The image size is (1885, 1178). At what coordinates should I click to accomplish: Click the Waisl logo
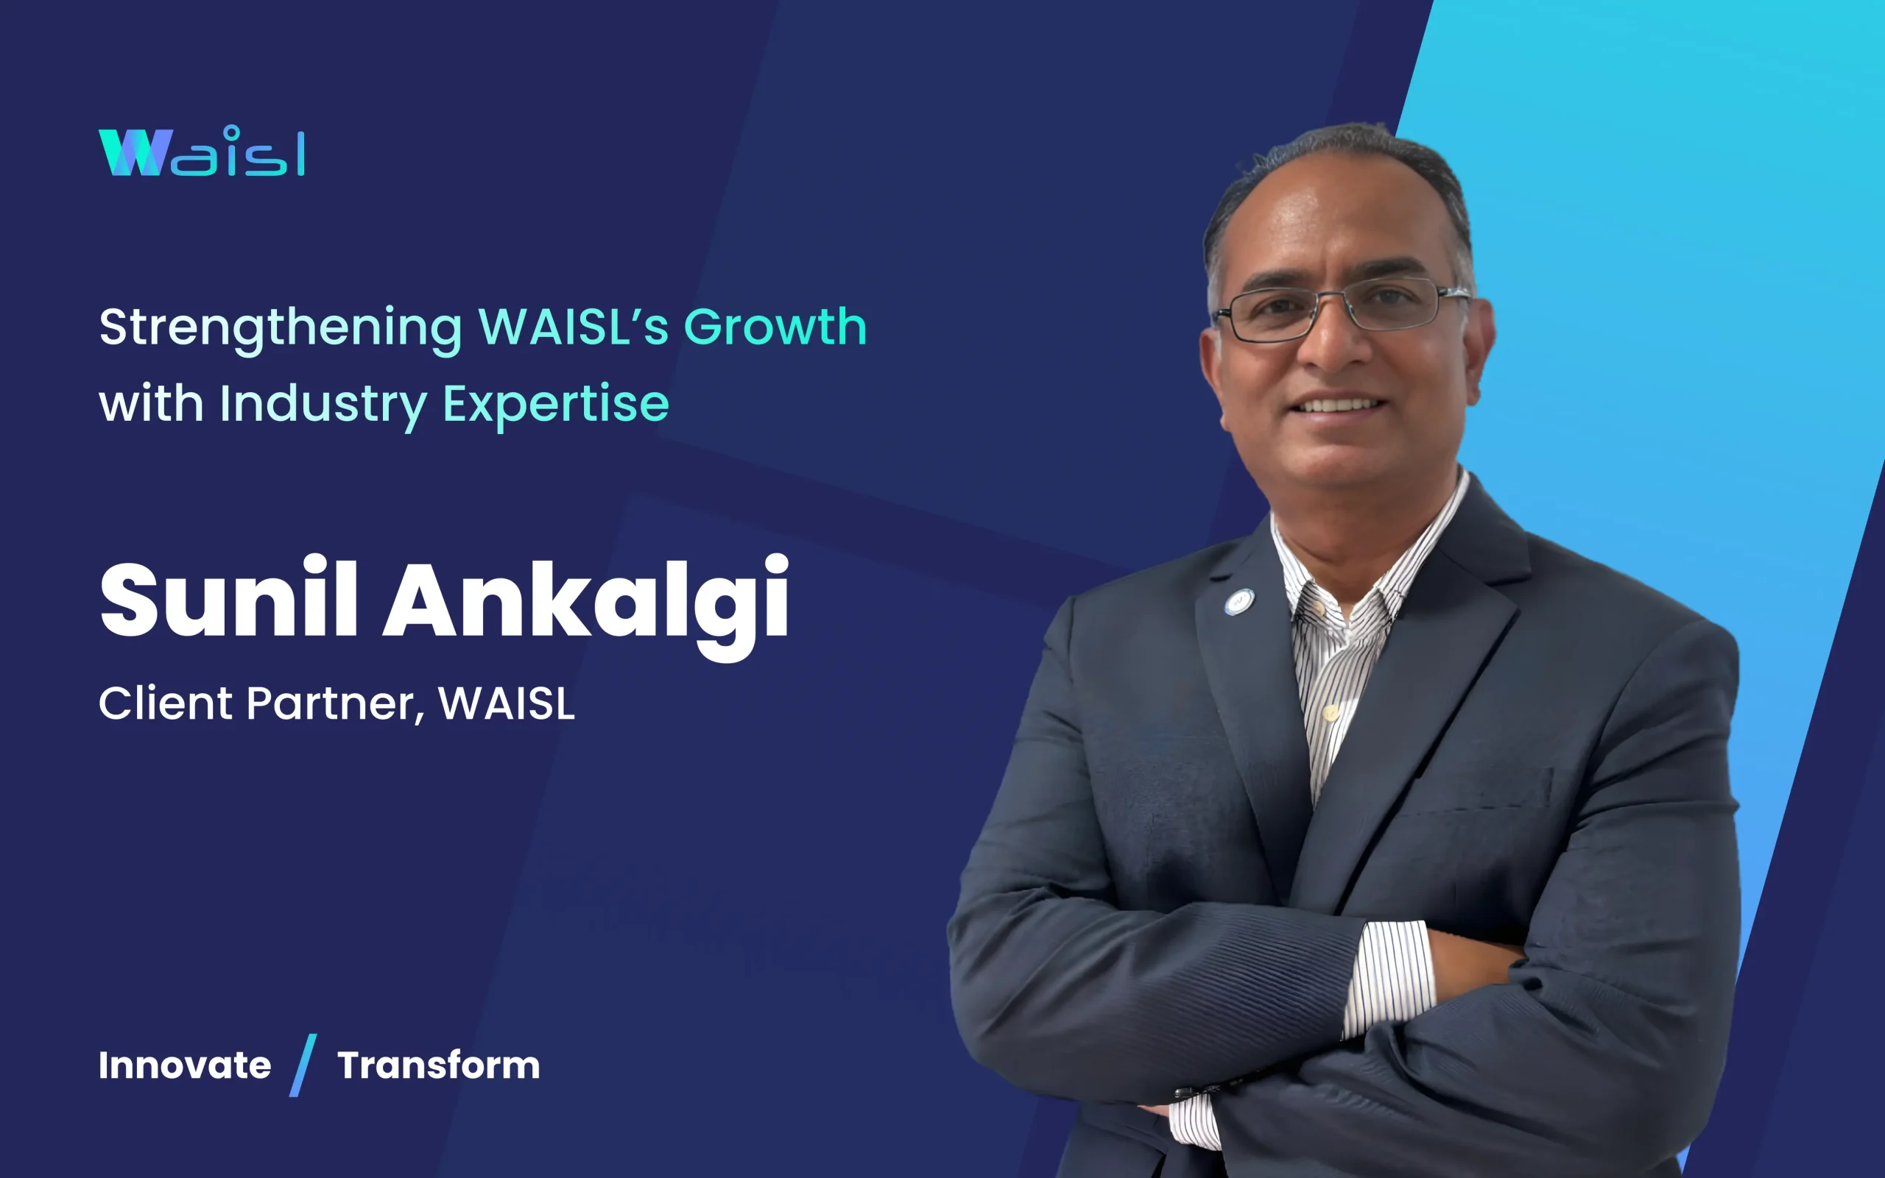pyautogui.click(x=201, y=151)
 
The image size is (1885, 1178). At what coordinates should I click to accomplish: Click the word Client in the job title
pyautogui.click(x=165, y=703)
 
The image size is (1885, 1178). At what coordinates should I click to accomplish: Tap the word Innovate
pyautogui.click(x=185, y=1065)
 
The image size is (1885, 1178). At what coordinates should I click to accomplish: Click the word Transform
pyautogui.click(x=438, y=1065)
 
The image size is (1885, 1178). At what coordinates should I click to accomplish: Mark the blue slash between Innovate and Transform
pyautogui.click(x=303, y=1065)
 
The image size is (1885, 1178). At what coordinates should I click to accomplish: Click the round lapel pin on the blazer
pyautogui.click(x=1238, y=601)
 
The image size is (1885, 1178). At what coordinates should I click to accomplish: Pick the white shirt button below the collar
pyautogui.click(x=1331, y=712)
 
